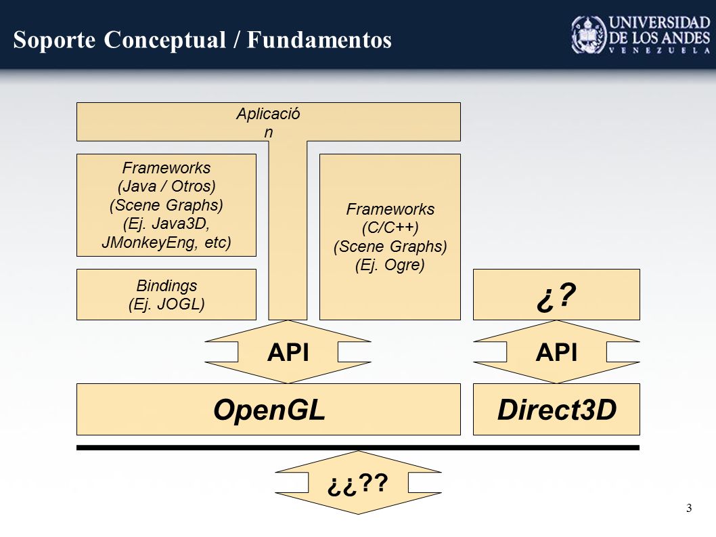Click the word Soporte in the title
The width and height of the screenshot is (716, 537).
[54, 40]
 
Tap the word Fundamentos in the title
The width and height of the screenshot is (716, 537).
[319, 40]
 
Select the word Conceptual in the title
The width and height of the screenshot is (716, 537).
[165, 40]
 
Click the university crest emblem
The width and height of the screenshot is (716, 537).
[589, 35]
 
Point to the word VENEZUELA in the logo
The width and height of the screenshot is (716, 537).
[659, 50]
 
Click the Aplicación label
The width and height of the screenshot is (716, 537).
[268, 123]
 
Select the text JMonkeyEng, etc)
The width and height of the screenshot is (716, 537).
[166, 242]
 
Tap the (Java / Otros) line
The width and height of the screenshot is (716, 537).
[166, 186]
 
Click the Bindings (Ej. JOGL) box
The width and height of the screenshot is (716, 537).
[166, 295]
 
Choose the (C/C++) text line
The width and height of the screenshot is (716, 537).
[390, 228]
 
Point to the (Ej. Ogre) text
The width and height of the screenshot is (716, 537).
[390, 265]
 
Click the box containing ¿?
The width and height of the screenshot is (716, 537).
[556, 295]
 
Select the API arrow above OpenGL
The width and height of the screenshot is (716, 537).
[288, 352]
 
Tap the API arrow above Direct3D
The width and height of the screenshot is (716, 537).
[556, 352]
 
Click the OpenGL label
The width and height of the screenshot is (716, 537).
[269, 410]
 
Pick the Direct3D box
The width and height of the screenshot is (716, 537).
[556, 410]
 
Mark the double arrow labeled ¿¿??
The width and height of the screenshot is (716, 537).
[358, 483]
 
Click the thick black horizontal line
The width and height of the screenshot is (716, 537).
[358, 448]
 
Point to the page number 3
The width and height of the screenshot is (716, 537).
[689, 508]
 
